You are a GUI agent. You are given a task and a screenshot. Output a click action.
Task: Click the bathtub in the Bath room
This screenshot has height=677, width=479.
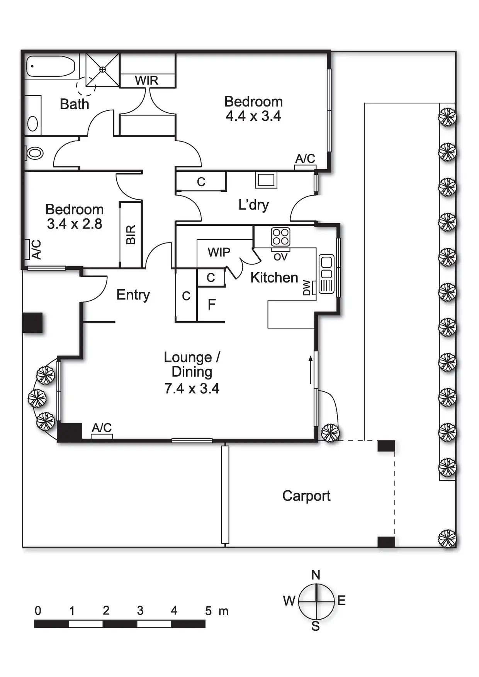51,66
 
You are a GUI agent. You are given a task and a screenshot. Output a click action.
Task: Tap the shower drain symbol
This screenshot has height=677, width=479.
102,69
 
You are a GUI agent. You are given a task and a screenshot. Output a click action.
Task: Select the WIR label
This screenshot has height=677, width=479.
147,81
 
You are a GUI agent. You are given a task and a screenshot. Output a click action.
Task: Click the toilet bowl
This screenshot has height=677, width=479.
35,153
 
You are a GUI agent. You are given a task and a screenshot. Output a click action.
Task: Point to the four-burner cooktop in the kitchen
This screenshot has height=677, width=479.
280,237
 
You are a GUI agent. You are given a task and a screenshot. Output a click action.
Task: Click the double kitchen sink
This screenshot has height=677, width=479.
326,267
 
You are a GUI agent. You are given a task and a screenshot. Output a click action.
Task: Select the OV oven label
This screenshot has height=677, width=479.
280,257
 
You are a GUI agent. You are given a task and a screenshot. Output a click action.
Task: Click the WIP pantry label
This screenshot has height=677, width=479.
219,252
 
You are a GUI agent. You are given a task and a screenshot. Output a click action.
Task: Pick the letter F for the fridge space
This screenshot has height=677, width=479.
211,305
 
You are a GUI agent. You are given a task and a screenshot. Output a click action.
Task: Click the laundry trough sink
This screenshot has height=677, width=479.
266,179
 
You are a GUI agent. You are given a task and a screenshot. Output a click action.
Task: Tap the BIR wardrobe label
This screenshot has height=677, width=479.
131,235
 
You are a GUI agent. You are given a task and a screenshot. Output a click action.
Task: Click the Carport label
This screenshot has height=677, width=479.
306,496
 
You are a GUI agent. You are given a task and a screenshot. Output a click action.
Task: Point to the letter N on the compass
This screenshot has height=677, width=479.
316,575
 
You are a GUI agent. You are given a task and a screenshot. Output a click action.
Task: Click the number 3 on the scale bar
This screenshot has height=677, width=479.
140,611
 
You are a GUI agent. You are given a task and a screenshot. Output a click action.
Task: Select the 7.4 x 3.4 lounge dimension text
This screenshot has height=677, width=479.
192,388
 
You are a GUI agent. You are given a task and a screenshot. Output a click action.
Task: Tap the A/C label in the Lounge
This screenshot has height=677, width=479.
102,428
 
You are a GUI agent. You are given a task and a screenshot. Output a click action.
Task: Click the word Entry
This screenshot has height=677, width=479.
133,295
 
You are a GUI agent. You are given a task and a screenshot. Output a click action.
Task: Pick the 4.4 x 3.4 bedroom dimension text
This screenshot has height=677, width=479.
253,116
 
